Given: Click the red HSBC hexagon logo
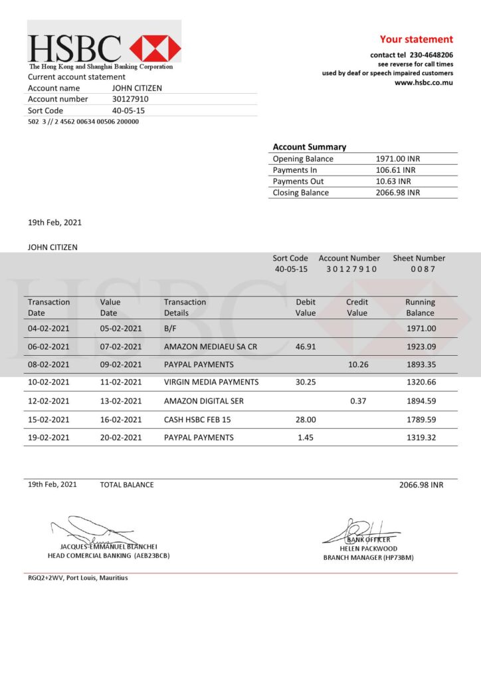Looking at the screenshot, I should [155, 49].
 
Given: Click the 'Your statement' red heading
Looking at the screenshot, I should [416, 39].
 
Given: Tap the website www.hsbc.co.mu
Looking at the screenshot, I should [424, 82].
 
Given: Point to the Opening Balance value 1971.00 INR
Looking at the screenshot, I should [398, 159].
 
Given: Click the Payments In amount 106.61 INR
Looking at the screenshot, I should [397, 170].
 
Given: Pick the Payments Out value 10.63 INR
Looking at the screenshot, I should [393, 182].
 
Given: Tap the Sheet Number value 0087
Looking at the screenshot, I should [422, 269].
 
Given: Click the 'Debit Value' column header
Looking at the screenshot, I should [306, 307].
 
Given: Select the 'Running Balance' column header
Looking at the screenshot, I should [420, 307].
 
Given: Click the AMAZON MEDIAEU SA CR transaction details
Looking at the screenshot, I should [210, 346].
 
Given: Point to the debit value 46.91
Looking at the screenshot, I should [306, 346].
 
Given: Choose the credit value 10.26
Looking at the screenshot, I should [358, 364].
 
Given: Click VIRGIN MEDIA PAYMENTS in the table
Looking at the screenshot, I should [211, 382].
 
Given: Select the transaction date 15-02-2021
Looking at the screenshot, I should [48, 420].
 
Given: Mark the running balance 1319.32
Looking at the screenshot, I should [421, 438].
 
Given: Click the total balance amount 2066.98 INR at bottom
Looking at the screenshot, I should [421, 485].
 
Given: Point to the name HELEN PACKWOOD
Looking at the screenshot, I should [369, 549].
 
